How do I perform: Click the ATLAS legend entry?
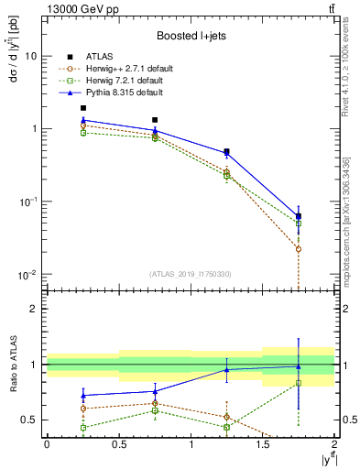coord(108,56)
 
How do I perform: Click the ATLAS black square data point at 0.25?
coord(82,108)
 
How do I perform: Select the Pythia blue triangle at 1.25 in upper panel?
coord(226,153)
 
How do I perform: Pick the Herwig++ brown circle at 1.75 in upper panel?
coord(299,248)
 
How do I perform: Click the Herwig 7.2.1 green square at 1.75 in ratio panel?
coord(299,383)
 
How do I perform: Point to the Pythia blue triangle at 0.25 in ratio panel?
coord(82,396)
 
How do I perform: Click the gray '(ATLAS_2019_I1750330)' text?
coord(189,273)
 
